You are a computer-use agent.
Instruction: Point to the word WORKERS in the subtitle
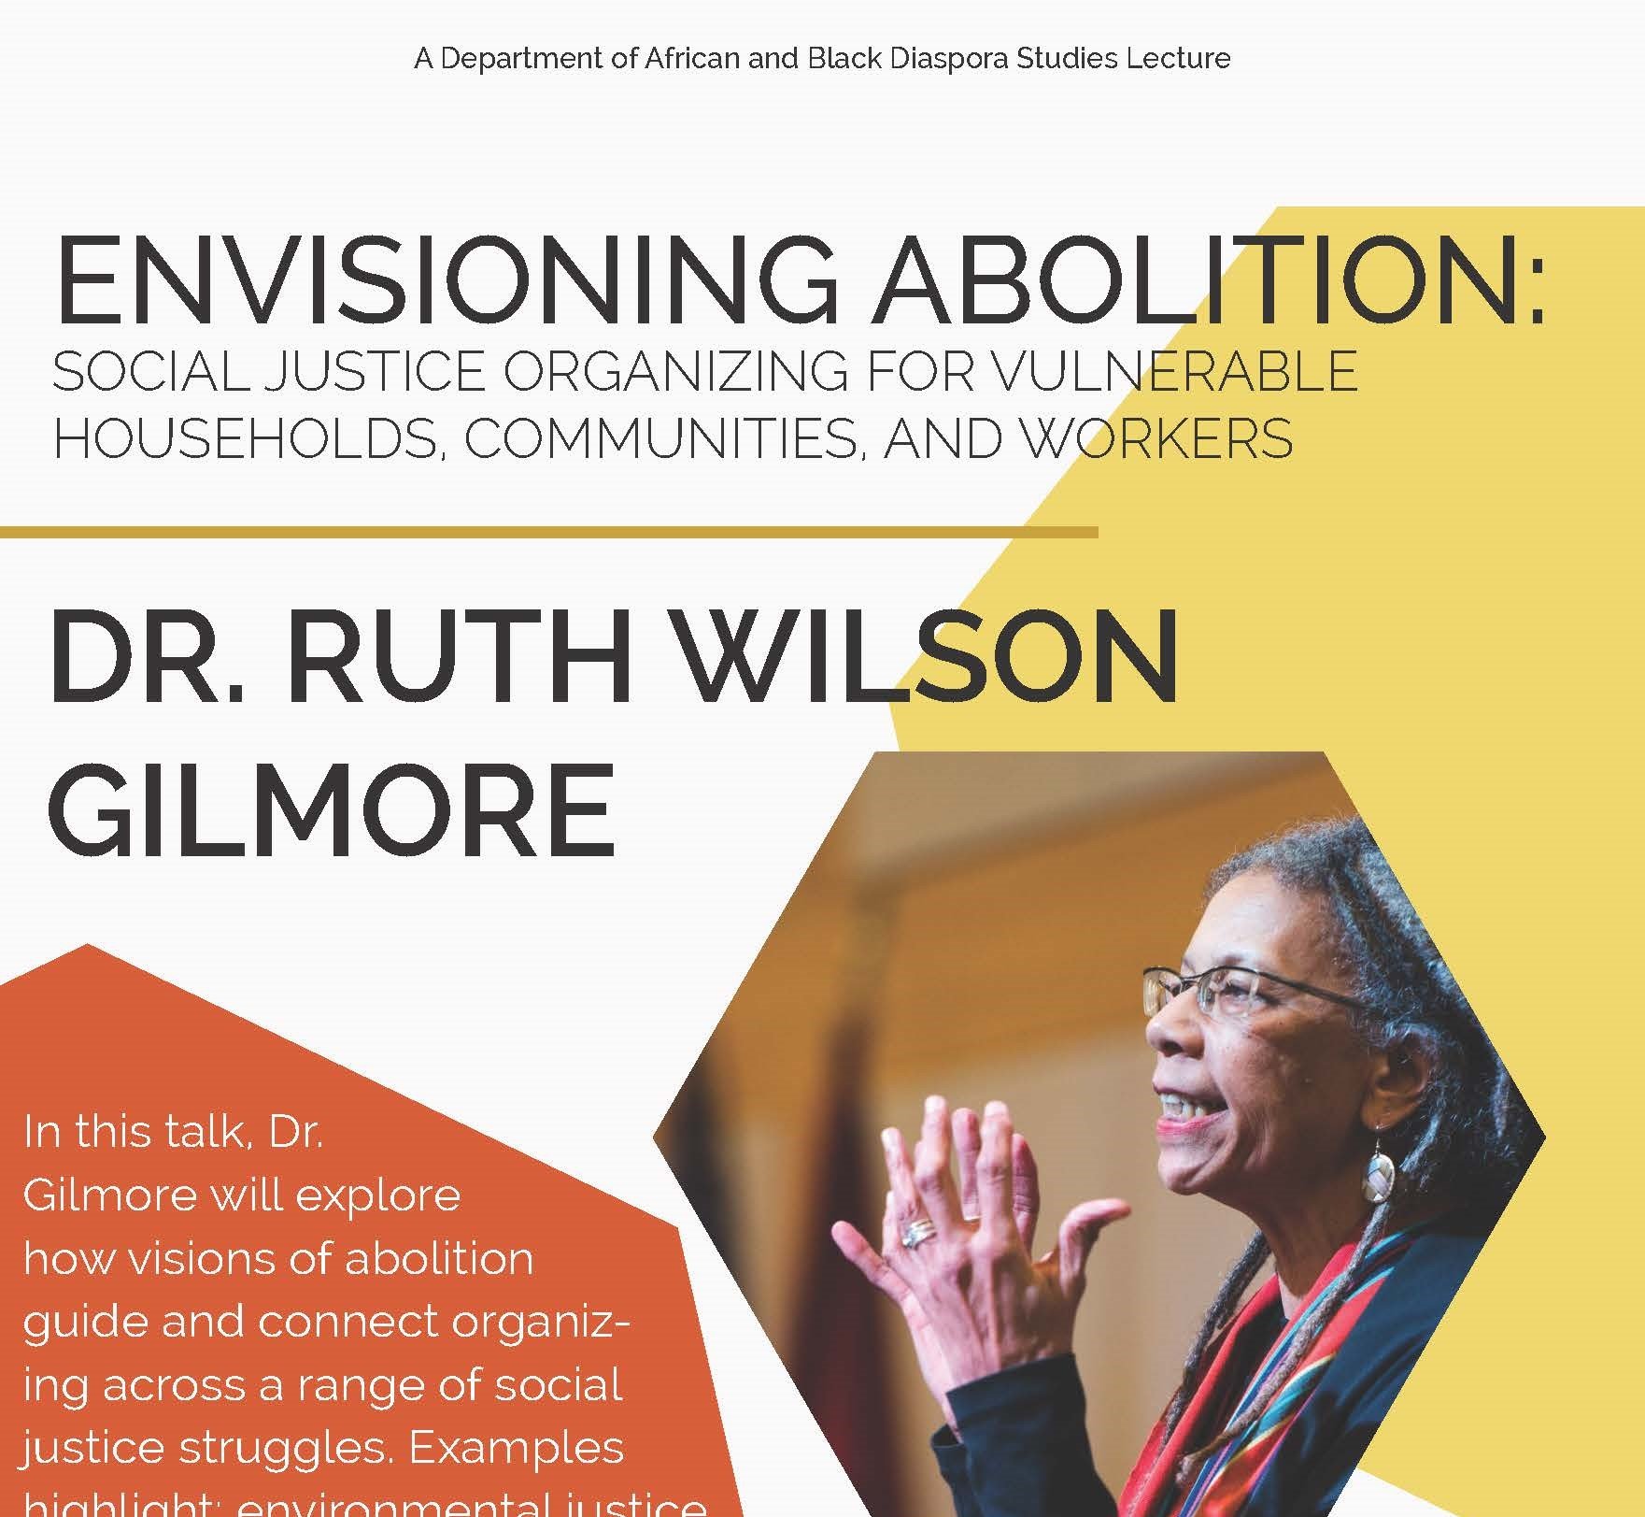pos(1157,437)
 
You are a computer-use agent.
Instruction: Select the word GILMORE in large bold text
pos(332,809)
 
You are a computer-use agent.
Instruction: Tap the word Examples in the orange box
pos(517,1447)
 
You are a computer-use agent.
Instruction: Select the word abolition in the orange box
pos(439,1258)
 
